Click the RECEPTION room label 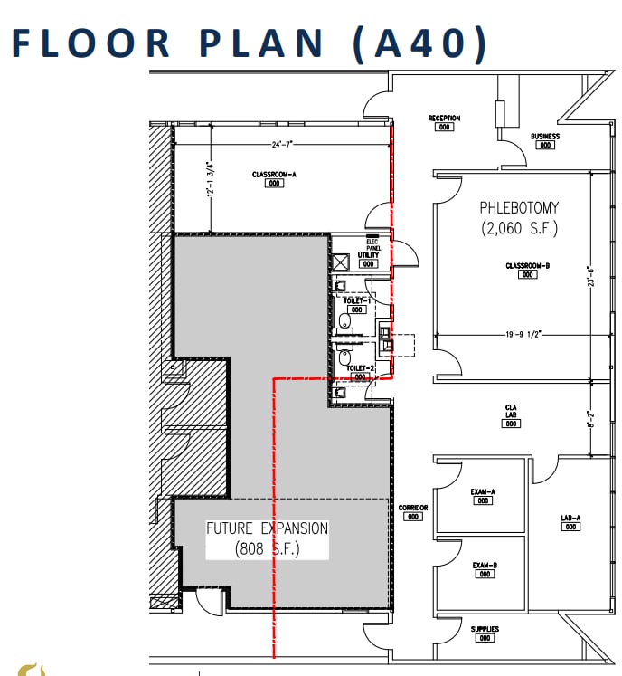(x=444, y=119)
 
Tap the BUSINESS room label (x=545, y=137)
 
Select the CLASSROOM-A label (x=274, y=175)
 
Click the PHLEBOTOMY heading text (x=519, y=208)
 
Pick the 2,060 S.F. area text (x=519, y=228)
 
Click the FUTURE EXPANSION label (x=268, y=528)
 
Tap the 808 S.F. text (x=268, y=548)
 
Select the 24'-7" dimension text (x=284, y=145)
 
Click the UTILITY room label (x=368, y=256)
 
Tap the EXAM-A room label (x=483, y=492)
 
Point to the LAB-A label (x=570, y=519)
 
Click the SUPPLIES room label (x=485, y=629)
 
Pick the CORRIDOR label (x=413, y=508)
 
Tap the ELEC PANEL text (x=371, y=243)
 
